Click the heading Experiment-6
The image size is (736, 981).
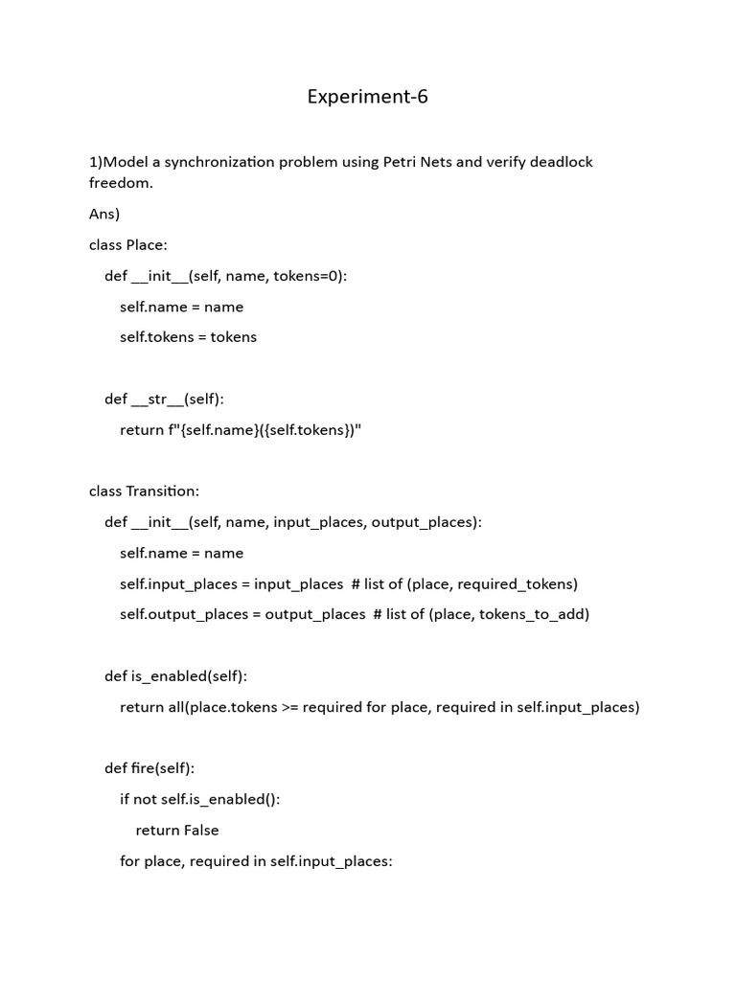tap(367, 97)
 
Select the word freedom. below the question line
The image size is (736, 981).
tap(121, 182)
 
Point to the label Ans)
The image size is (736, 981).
tap(104, 214)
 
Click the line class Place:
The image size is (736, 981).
tap(128, 244)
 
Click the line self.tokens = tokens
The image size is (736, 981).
tap(188, 337)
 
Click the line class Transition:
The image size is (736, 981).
tap(144, 490)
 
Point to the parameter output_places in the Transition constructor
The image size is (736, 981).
tap(422, 522)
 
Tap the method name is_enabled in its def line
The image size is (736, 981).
tap(169, 676)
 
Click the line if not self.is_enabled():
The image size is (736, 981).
tap(199, 799)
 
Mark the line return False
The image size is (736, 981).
tap(177, 830)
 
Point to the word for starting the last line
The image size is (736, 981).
tap(129, 861)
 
